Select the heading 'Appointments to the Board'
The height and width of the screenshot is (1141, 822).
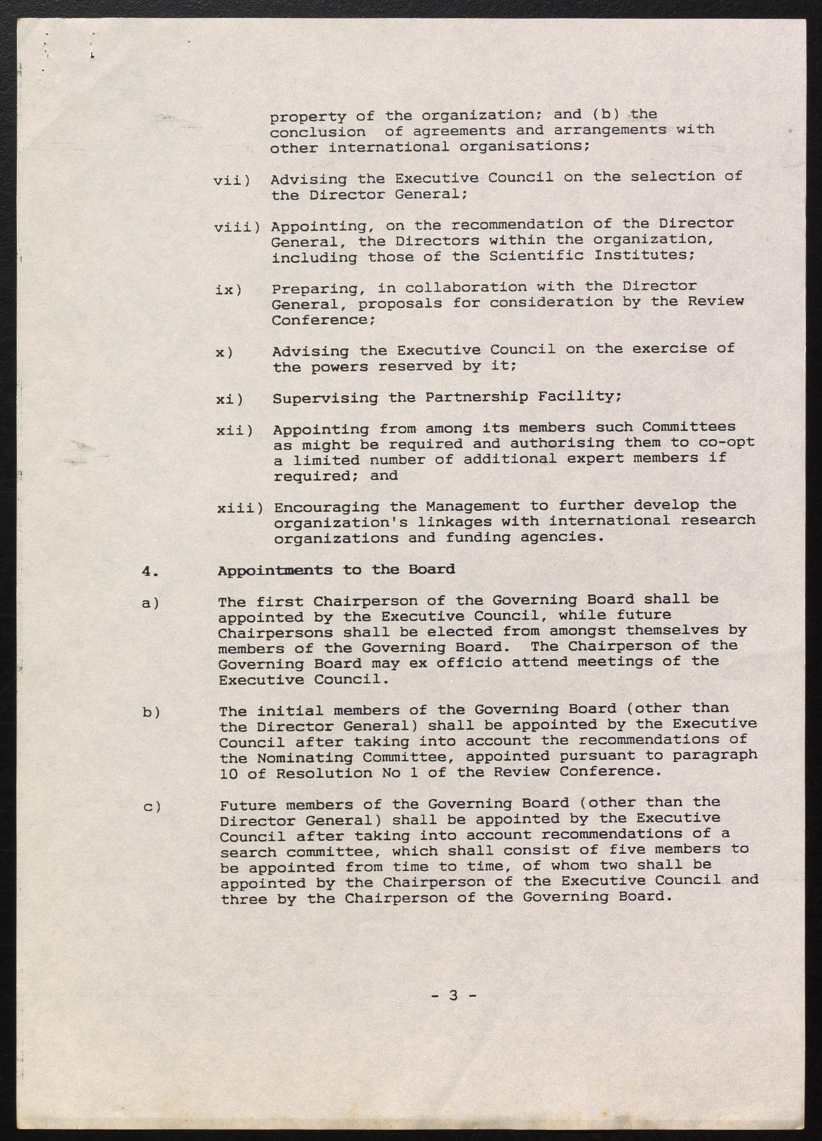(x=336, y=570)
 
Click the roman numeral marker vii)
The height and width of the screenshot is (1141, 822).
(x=232, y=180)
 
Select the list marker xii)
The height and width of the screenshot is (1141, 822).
(x=235, y=431)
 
